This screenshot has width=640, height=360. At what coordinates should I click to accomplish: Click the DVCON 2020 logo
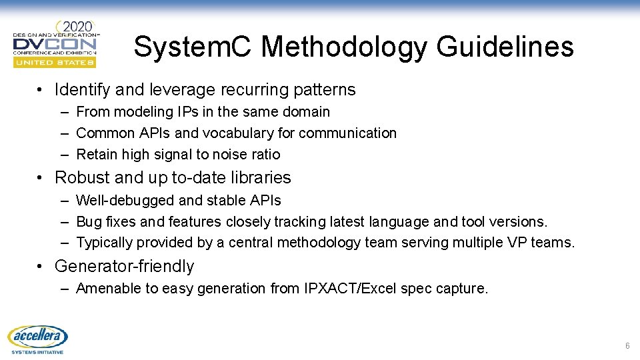tap(55, 43)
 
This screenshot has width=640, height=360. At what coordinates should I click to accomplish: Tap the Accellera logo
tap(38, 339)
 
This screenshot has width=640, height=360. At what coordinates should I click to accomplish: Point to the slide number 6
tap(627, 346)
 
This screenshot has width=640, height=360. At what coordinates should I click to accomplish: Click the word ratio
tap(265, 155)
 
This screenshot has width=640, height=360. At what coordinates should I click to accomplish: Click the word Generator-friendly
tap(124, 267)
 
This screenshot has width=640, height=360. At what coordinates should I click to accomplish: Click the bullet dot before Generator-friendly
tap(41, 267)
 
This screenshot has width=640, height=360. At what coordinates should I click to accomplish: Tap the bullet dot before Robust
tap(41, 178)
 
